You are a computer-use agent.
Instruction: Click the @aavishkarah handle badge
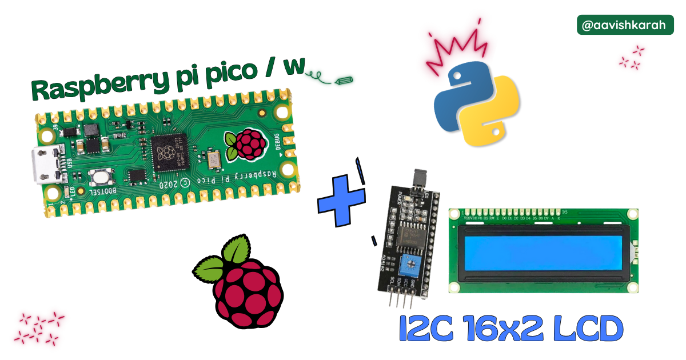pyautogui.click(x=625, y=25)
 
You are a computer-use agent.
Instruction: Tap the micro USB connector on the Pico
pyautogui.click(x=47, y=164)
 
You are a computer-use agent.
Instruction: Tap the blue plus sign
pyautogui.click(x=342, y=200)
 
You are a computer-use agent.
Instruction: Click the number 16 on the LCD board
pyautogui.click(x=564, y=212)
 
